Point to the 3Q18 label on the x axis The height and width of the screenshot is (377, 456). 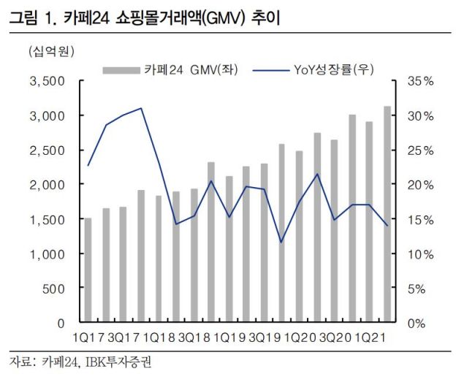pyautogui.click(x=195, y=338)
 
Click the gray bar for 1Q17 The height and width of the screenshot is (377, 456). pyautogui.click(x=88, y=270)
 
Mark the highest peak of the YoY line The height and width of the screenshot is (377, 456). pyautogui.click(x=141, y=108)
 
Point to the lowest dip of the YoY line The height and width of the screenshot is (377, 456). pyautogui.click(x=282, y=242)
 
